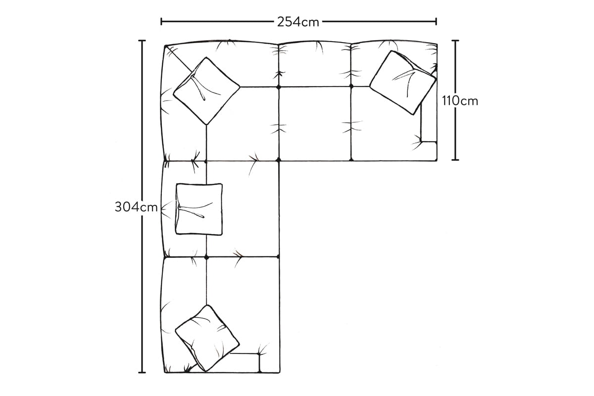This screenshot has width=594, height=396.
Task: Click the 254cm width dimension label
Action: click(298, 22)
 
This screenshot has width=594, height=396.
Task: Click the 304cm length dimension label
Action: click(136, 207)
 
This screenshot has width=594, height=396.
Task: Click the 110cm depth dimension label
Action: click(460, 101)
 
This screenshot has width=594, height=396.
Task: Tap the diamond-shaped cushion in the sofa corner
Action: click(206, 91)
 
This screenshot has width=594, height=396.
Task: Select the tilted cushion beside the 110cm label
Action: click(403, 83)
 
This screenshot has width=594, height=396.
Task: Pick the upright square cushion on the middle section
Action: click(199, 209)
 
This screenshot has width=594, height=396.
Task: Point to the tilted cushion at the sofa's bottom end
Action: click(207, 338)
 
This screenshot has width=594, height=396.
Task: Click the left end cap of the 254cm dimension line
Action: click(161, 21)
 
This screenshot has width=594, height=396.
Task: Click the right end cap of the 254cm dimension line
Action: click(436, 21)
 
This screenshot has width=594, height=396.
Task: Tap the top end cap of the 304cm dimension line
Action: click(142, 41)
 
